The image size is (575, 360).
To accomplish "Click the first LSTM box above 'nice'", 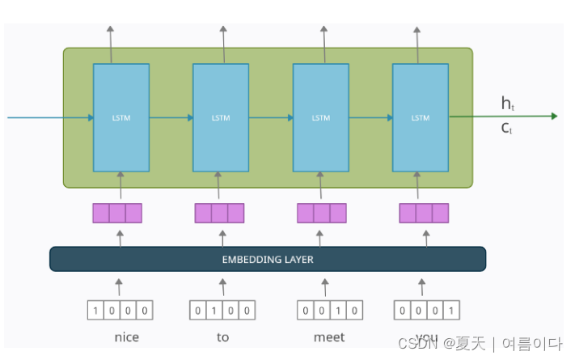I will [x=120, y=117].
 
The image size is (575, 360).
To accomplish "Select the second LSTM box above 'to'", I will [x=221, y=117].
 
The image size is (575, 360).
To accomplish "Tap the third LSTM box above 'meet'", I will [x=320, y=117].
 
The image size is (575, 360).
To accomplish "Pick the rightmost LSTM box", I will [x=421, y=117].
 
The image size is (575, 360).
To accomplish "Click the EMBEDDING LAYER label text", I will [x=268, y=260].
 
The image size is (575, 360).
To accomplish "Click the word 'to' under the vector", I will [x=222, y=337].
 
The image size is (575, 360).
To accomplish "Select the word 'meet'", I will [x=328, y=337].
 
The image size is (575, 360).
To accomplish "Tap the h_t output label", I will [x=507, y=103].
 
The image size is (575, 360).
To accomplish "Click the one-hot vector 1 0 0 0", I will [x=120, y=310].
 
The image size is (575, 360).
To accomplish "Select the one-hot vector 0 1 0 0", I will [x=222, y=310].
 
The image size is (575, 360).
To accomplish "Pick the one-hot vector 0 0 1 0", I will [x=324, y=310].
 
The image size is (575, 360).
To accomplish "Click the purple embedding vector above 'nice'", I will [x=117, y=213].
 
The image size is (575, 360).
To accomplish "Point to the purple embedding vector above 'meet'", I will [x=321, y=213].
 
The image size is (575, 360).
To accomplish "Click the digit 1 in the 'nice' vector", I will [x=96, y=310].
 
